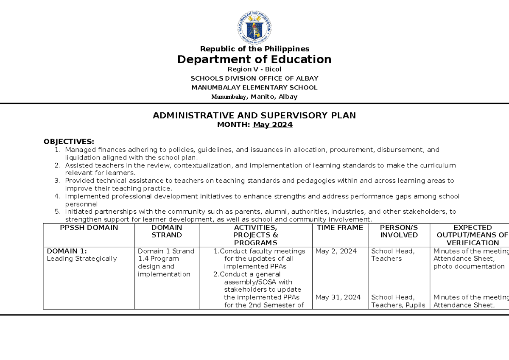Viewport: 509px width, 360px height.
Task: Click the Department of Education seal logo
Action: (x=255, y=28)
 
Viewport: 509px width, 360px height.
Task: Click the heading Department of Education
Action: (x=255, y=59)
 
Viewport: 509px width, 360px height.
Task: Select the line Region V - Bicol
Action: (x=255, y=69)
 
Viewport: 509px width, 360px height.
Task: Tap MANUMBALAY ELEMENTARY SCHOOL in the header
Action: (x=255, y=88)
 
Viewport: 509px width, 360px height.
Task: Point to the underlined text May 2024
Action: (x=272, y=125)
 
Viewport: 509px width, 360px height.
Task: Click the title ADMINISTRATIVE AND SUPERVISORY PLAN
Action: (x=255, y=115)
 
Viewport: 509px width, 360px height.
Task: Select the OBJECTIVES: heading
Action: (x=69, y=142)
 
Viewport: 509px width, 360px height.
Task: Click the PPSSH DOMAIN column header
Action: (x=89, y=228)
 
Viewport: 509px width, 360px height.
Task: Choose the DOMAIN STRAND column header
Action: (x=167, y=231)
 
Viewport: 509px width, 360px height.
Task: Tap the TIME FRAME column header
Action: (x=340, y=228)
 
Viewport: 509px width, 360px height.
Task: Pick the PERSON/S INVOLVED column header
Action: (x=399, y=231)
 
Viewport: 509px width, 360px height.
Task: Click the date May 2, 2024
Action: (x=336, y=251)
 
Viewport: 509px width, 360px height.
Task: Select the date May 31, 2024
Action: (x=338, y=297)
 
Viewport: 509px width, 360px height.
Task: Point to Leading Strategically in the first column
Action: (x=82, y=259)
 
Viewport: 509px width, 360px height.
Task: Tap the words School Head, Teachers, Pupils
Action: (x=398, y=301)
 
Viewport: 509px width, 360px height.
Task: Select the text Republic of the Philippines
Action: (x=255, y=49)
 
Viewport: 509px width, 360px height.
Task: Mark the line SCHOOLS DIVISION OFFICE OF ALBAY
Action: (x=255, y=78)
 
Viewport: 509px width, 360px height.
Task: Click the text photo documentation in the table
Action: (x=469, y=267)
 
